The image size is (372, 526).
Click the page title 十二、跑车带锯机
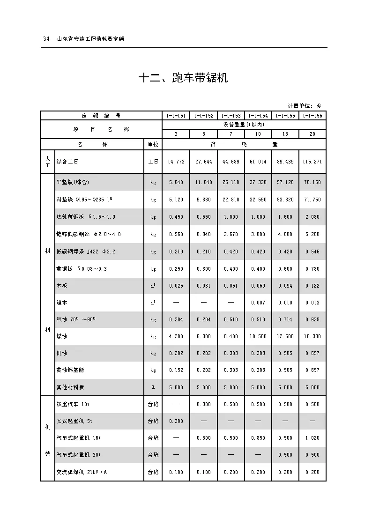(x=183, y=78)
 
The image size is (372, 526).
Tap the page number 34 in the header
(x=46, y=39)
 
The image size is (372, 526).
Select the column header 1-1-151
(x=176, y=116)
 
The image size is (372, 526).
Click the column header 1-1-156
(x=312, y=116)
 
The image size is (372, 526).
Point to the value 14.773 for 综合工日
(x=176, y=162)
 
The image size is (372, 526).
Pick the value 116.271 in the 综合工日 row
(x=312, y=162)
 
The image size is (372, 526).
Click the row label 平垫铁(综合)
(x=73, y=182)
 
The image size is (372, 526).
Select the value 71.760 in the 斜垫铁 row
(x=312, y=200)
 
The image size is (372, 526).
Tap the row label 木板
(x=61, y=285)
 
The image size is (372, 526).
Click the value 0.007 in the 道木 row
(x=258, y=303)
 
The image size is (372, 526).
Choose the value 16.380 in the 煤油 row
(x=312, y=336)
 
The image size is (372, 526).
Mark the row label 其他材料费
(x=70, y=387)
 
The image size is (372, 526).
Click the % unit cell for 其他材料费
(x=153, y=387)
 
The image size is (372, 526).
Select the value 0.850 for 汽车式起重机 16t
(x=258, y=438)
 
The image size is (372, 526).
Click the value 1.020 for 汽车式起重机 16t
(x=312, y=438)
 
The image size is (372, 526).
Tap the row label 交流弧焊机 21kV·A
(x=82, y=472)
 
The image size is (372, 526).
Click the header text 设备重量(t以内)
(x=244, y=125)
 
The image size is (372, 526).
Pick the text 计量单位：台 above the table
(x=305, y=106)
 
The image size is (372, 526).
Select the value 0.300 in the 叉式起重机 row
(x=176, y=421)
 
